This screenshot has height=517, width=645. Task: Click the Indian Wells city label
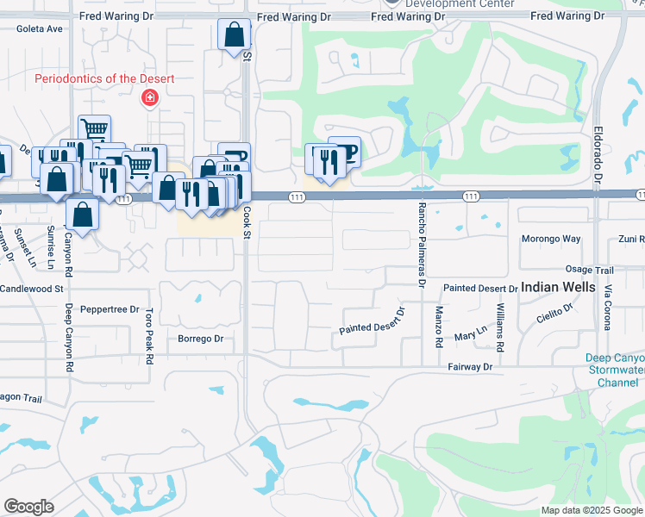point(558,287)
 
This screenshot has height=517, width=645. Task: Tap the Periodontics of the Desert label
point(104,78)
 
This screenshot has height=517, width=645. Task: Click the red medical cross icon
point(151,98)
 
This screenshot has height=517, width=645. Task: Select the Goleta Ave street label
point(40,28)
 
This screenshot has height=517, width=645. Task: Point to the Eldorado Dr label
point(598,155)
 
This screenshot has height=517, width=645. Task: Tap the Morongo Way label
point(551,239)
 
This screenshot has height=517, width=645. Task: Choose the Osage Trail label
point(590,270)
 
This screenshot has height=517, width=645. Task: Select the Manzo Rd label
point(439,327)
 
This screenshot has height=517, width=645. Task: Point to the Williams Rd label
point(500,327)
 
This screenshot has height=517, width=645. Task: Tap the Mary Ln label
point(471,332)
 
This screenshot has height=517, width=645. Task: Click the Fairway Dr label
point(470,367)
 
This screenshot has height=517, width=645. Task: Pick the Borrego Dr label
point(200,339)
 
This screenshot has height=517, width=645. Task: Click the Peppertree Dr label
point(110,308)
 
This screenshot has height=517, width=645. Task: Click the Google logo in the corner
point(28,507)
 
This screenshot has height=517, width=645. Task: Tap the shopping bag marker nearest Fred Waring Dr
point(234,35)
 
